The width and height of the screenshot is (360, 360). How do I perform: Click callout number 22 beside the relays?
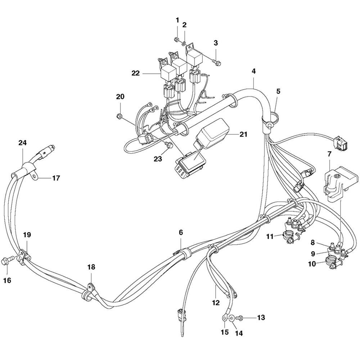(x=135, y=73)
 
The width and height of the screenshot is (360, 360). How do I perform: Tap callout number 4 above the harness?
(x=253, y=71)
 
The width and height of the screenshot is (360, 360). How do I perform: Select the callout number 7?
(x=329, y=154)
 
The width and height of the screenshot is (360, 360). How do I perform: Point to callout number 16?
(x=8, y=280)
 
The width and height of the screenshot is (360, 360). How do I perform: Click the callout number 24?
(x=23, y=143)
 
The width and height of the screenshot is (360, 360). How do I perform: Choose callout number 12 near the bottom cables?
(x=216, y=303)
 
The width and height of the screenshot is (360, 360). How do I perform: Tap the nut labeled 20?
(x=120, y=116)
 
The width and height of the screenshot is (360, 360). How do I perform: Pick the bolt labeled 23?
(x=167, y=145)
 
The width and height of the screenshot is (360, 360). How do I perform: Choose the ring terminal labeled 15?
(x=225, y=318)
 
